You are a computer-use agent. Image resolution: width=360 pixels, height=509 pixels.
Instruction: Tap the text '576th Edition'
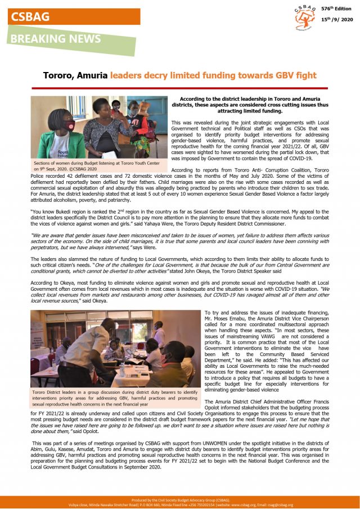[x=336, y=10]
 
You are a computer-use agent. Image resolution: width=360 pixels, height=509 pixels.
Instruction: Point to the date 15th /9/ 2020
[x=335, y=20]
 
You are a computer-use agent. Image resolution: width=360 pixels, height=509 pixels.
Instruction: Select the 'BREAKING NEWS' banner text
[x=55, y=39]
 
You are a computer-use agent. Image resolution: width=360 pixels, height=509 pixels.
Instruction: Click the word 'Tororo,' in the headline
[x=60, y=75]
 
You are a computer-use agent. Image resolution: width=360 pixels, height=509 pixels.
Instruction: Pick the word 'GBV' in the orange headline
[x=276, y=75]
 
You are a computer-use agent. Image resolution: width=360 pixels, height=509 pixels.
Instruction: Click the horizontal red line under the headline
[x=180, y=88]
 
